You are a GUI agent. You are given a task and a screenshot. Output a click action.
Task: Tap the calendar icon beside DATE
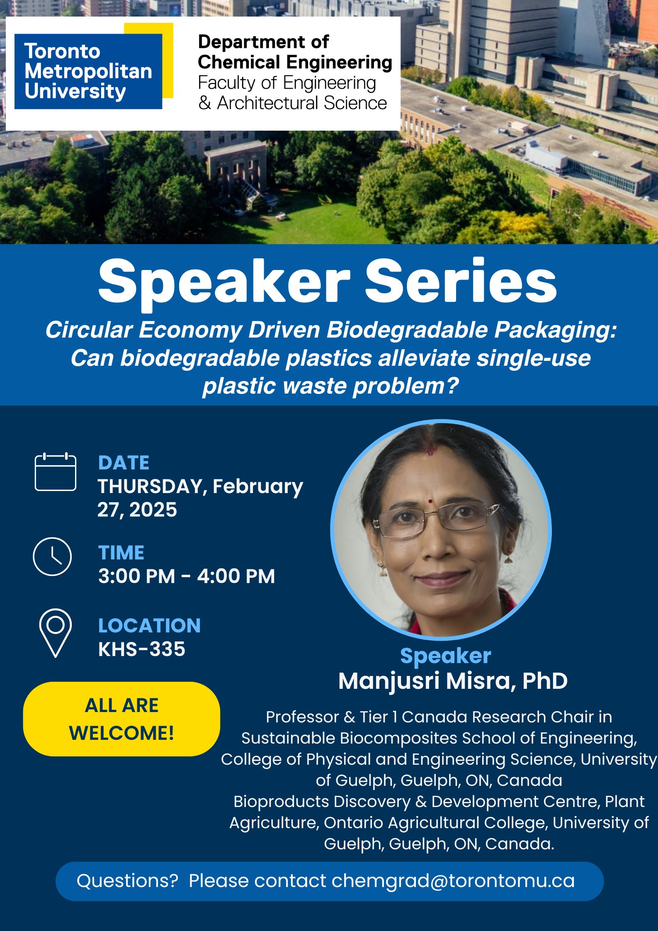(x=56, y=472)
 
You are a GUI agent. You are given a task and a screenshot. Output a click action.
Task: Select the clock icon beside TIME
(x=52, y=557)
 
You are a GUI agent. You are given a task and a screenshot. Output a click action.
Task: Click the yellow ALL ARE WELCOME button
(x=121, y=720)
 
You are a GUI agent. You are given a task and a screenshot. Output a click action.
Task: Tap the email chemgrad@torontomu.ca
(x=453, y=881)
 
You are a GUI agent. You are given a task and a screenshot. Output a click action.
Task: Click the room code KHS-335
(x=141, y=649)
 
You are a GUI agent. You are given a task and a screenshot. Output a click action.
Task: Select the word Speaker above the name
(x=446, y=656)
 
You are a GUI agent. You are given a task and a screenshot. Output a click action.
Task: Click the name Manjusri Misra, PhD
(x=453, y=681)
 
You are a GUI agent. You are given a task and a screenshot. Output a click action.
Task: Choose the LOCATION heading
(x=149, y=625)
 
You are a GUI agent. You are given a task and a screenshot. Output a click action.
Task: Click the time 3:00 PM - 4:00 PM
(x=187, y=576)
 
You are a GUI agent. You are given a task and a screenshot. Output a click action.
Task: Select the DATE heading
(x=124, y=463)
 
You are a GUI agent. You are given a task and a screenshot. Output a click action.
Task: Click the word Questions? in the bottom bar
(x=127, y=881)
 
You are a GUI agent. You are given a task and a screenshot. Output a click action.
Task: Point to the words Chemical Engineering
(x=295, y=63)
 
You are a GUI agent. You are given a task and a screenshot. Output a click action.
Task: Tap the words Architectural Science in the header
(x=302, y=103)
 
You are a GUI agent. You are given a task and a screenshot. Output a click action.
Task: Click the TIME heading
(x=121, y=553)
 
